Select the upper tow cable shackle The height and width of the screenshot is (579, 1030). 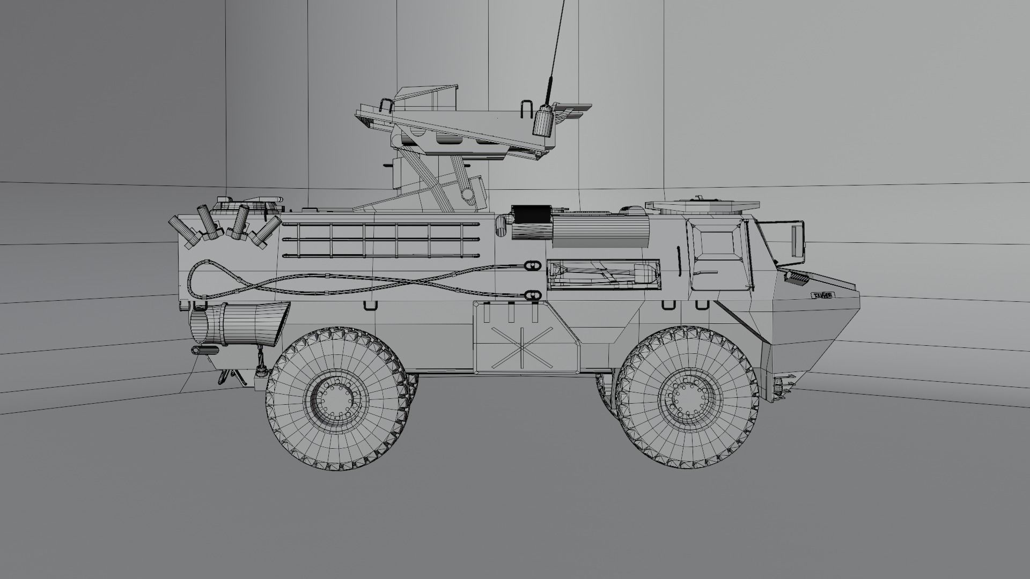pos(532,266)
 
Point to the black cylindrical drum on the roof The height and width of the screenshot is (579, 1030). pos(532,222)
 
